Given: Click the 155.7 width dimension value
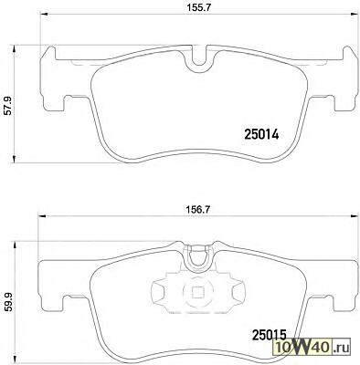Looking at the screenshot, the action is pyautogui.click(x=197, y=9).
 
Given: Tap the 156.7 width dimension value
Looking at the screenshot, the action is pyautogui.click(x=197, y=210).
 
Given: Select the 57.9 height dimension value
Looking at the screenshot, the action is pyautogui.click(x=8, y=105).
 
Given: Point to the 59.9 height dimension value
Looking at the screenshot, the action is pyautogui.click(x=8, y=302).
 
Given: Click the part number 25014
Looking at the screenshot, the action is pyautogui.click(x=261, y=135).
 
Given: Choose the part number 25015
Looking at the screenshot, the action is pyautogui.click(x=270, y=335).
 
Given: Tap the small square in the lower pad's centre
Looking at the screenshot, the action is pyautogui.click(x=198, y=293).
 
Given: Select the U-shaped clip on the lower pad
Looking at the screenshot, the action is pyautogui.click(x=199, y=258).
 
